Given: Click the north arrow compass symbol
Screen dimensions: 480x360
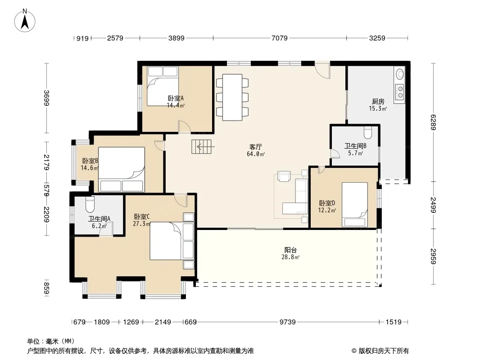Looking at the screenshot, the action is pyautogui.click(x=25, y=20).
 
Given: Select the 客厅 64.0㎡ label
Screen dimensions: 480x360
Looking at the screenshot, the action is pyautogui.click(x=256, y=150).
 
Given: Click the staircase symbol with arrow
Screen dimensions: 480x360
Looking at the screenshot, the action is pyautogui.click(x=202, y=147).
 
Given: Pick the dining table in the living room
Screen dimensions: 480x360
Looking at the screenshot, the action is pyautogui.click(x=232, y=97).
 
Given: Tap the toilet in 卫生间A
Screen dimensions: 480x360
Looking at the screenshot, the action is pyautogui.click(x=90, y=205).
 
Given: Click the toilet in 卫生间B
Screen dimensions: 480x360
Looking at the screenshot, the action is pyautogui.click(x=367, y=132).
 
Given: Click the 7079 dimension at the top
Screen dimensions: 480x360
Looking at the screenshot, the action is pyautogui.click(x=280, y=38).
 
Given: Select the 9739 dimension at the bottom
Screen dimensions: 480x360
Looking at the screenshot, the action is pyautogui.click(x=287, y=322).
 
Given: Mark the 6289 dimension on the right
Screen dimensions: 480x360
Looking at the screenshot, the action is pyautogui.click(x=433, y=122).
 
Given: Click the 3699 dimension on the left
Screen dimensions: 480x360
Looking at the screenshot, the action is pyautogui.click(x=46, y=98).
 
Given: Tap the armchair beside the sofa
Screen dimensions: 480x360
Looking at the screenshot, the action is pyautogui.click(x=284, y=176).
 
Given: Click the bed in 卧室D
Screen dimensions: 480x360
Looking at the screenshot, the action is pyautogui.click(x=355, y=205).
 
